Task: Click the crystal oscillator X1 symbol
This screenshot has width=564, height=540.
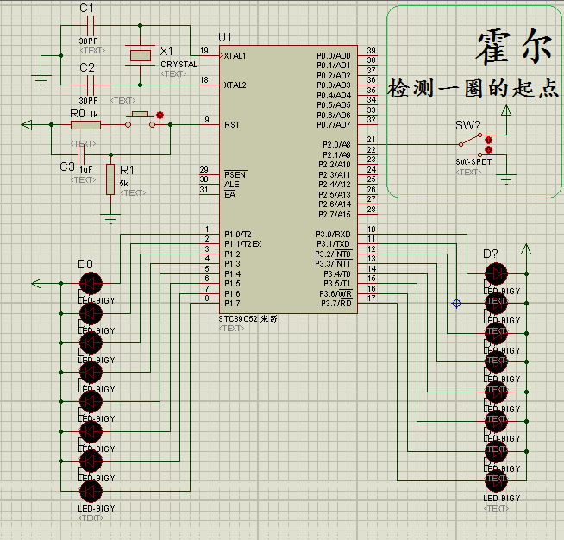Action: pyautogui.click(x=141, y=55)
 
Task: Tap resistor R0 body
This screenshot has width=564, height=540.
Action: pyautogui.click(x=85, y=125)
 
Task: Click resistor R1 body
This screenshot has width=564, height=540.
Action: pyautogui.click(x=110, y=179)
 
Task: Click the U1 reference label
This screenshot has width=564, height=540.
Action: pyautogui.click(x=226, y=37)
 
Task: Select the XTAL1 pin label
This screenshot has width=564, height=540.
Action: pyautogui.click(x=235, y=55)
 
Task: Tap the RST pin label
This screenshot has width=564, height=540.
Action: pyautogui.click(x=232, y=124)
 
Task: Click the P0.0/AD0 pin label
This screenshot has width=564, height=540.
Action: pyautogui.click(x=334, y=55)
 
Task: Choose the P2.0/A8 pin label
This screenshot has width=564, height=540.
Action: pyautogui.click(x=335, y=144)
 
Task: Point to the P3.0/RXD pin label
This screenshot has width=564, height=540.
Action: pyautogui.click(x=334, y=235)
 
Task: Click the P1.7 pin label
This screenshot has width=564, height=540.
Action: pyautogui.click(x=232, y=304)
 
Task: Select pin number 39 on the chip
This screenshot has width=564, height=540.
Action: pyautogui.click(x=371, y=51)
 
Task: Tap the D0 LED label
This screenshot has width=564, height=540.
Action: pyautogui.click(x=85, y=264)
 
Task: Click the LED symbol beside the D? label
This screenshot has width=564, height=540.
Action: pyautogui.click(x=496, y=273)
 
